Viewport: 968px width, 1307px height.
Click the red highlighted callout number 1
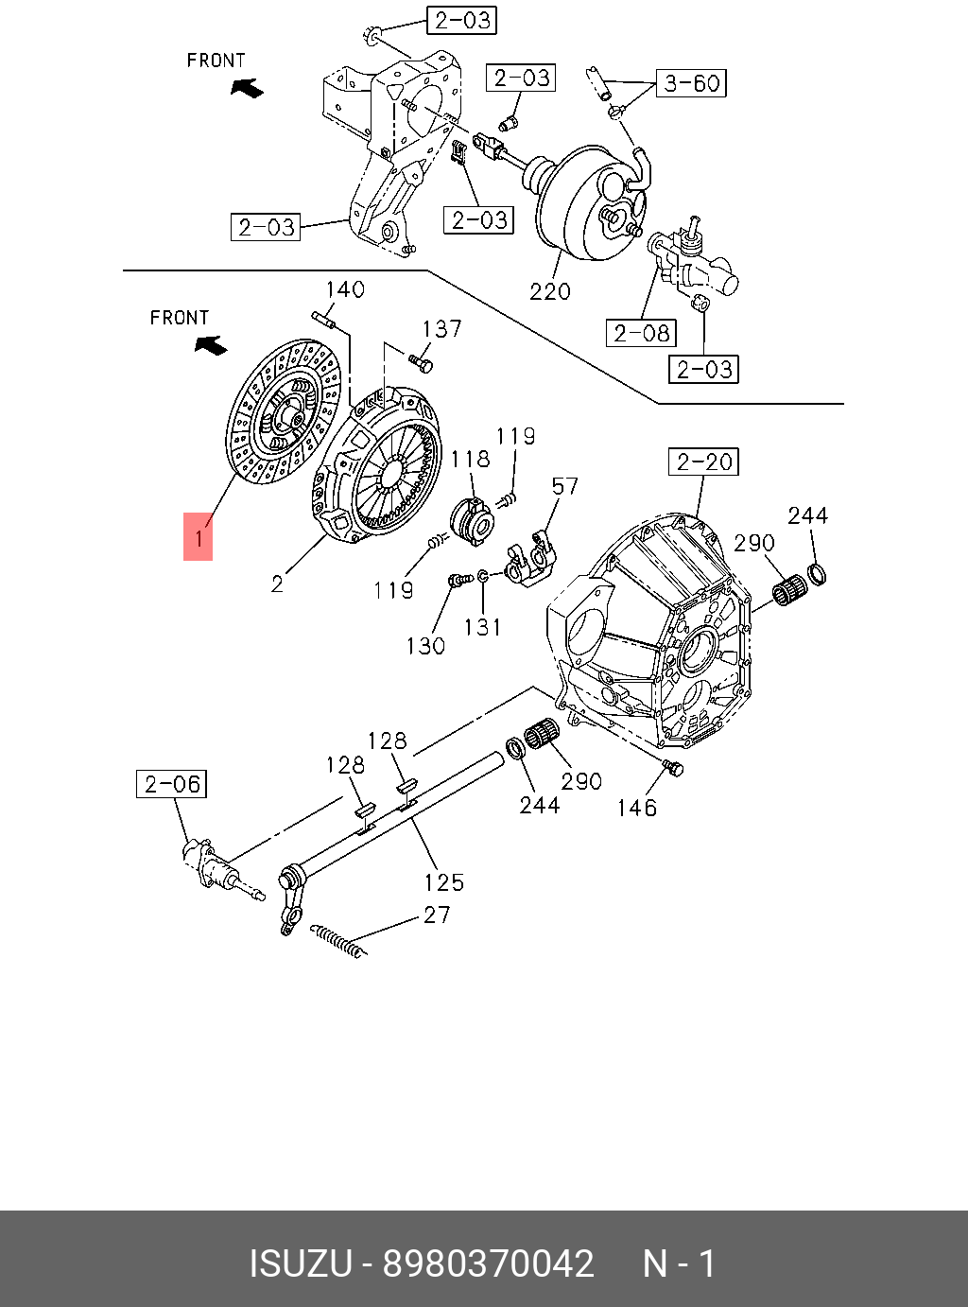click(x=199, y=537)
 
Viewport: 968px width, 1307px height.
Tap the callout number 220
click(x=550, y=291)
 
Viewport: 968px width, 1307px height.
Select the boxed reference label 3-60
click(x=692, y=83)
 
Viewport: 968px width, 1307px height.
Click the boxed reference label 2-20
click(x=705, y=462)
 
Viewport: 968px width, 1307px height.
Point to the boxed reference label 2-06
click(x=172, y=784)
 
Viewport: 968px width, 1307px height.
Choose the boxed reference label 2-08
click(x=641, y=333)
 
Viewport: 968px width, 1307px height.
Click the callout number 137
click(x=441, y=329)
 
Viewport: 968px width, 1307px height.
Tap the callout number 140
click(x=345, y=289)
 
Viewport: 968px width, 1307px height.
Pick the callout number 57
click(x=564, y=486)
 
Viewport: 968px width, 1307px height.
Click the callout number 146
click(x=636, y=808)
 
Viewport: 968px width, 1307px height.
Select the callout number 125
click(x=443, y=882)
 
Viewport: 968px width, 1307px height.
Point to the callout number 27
click(x=437, y=915)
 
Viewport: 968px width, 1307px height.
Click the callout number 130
click(x=425, y=646)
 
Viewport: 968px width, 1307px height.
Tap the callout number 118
click(x=470, y=460)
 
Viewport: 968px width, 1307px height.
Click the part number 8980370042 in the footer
click(x=488, y=1263)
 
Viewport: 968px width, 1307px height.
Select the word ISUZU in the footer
click(x=300, y=1263)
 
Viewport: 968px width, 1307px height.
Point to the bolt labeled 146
click(x=673, y=767)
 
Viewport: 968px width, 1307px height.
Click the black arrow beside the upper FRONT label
click(x=248, y=88)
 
